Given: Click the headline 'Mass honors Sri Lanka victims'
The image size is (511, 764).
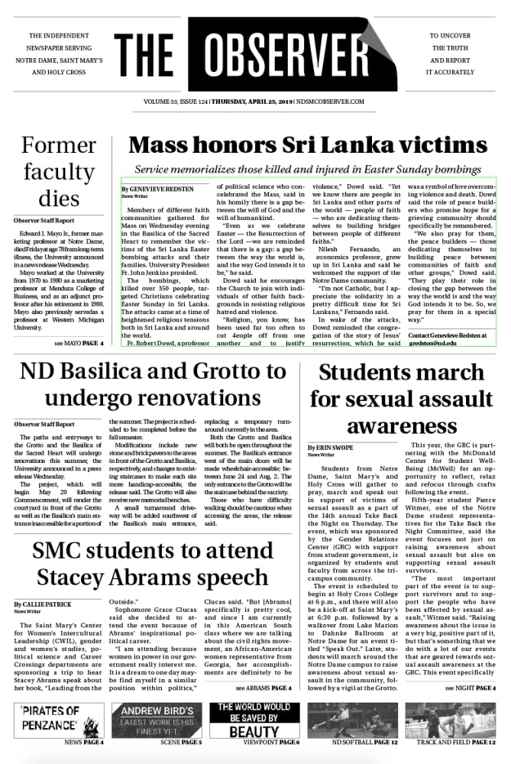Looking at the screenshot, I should click(x=308, y=146).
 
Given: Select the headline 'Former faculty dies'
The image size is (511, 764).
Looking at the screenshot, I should click(x=59, y=172).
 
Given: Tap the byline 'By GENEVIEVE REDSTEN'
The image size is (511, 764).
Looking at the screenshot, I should click(x=157, y=188).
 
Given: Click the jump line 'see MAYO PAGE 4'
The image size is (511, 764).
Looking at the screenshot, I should click(x=79, y=344).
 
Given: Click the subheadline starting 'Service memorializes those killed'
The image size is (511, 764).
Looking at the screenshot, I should click(x=308, y=169).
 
